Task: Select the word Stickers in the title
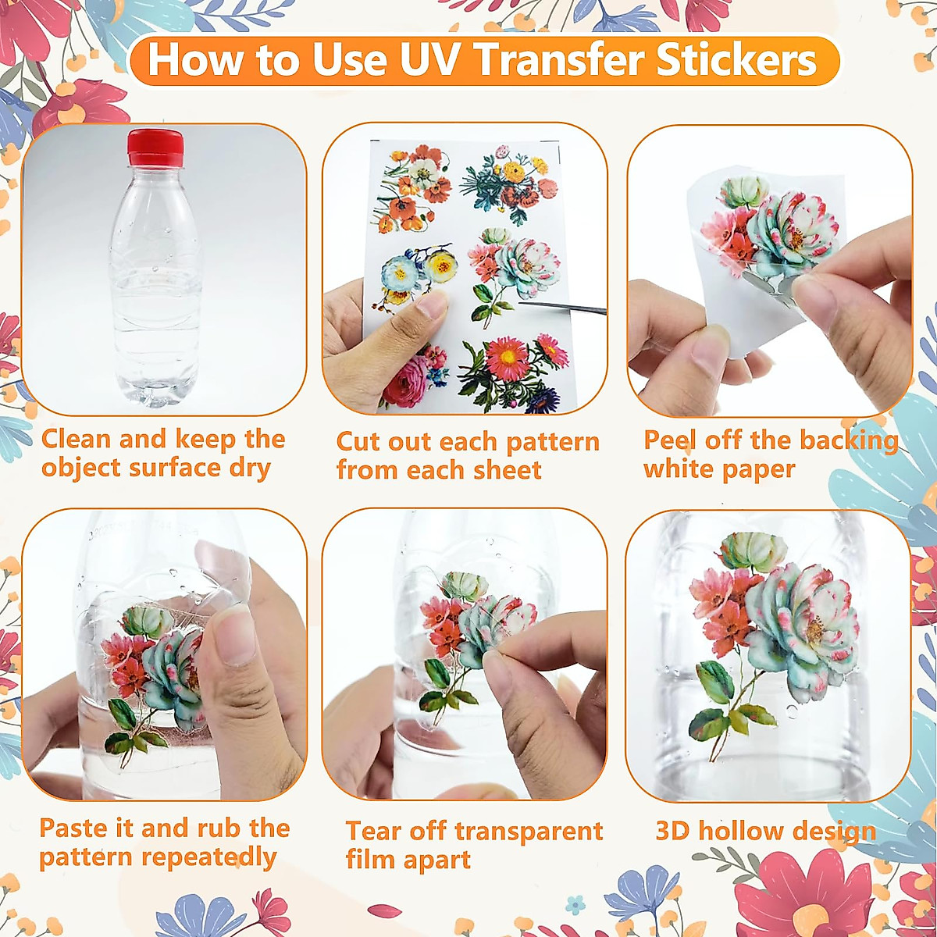pos(736,60)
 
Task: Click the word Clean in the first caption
pos(76,439)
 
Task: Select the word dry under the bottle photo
pos(249,468)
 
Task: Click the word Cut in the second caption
pos(358,442)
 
